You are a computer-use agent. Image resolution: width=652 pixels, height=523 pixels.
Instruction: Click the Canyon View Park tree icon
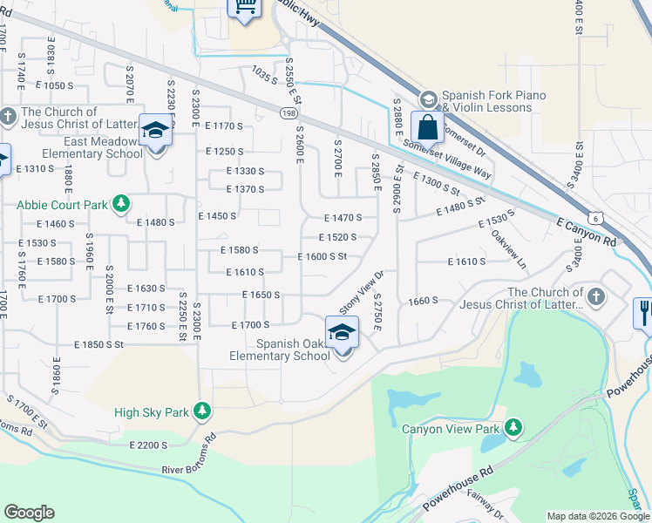[513, 427]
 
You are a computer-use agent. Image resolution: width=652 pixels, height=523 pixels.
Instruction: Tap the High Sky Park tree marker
[202, 411]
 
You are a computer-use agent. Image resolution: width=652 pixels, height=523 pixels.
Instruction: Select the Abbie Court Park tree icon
[121, 205]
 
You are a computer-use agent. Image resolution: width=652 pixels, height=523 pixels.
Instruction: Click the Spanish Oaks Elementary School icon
[342, 332]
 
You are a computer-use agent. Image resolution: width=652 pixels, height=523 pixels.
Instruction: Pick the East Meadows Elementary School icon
[154, 132]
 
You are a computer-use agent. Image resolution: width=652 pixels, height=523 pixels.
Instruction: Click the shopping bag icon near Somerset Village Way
[428, 127]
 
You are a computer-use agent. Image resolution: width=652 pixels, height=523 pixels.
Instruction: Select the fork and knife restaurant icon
[645, 313]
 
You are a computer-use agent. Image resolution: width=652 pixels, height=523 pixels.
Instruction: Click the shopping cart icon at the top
[245, 6]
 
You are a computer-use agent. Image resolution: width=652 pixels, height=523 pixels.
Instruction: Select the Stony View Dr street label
[362, 292]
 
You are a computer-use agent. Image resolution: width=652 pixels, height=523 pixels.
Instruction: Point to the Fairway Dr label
[479, 506]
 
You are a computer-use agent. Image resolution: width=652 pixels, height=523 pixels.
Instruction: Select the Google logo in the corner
[29, 513]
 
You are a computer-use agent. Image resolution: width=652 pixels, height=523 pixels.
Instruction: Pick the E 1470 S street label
[343, 218]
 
